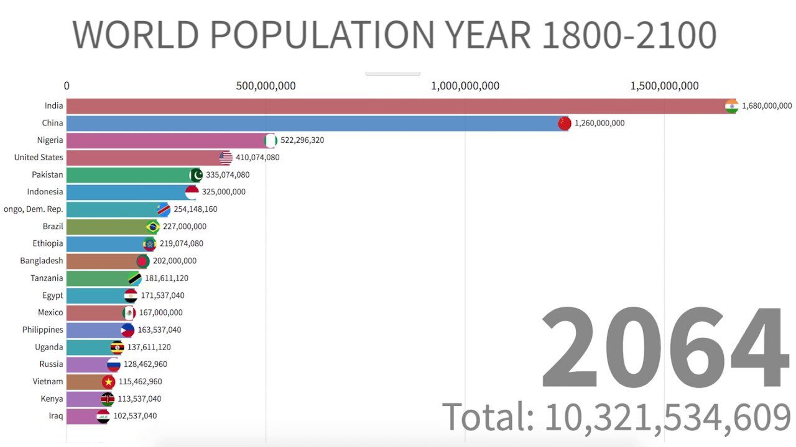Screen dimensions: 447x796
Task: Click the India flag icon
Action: (x=731, y=106)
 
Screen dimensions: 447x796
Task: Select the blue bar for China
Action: (x=311, y=123)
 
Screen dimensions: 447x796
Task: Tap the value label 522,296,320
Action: (x=302, y=140)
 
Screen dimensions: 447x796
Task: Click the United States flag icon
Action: (x=226, y=158)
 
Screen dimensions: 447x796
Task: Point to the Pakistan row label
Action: (x=47, y=175)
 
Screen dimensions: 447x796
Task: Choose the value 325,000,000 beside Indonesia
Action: (x=223, y=192)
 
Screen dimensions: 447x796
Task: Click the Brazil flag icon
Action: (x=152, y=227)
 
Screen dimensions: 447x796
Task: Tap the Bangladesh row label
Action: (x=42, y=261)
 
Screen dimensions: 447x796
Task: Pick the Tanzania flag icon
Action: (x=134, y=278)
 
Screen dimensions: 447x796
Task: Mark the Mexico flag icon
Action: (x=129, y=313)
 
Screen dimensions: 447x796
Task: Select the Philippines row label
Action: (x=43, y=330)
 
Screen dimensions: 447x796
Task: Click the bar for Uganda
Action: (x=87, y=347)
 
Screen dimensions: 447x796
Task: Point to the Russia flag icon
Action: (x=113, y=364)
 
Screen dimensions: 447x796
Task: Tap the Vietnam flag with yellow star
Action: (x=108, y=382)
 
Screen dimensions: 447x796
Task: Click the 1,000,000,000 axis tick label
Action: (x=465, y=86)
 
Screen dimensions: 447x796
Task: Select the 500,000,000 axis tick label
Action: (x=266, y=86)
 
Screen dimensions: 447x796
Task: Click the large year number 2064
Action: (x=664, y=349)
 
